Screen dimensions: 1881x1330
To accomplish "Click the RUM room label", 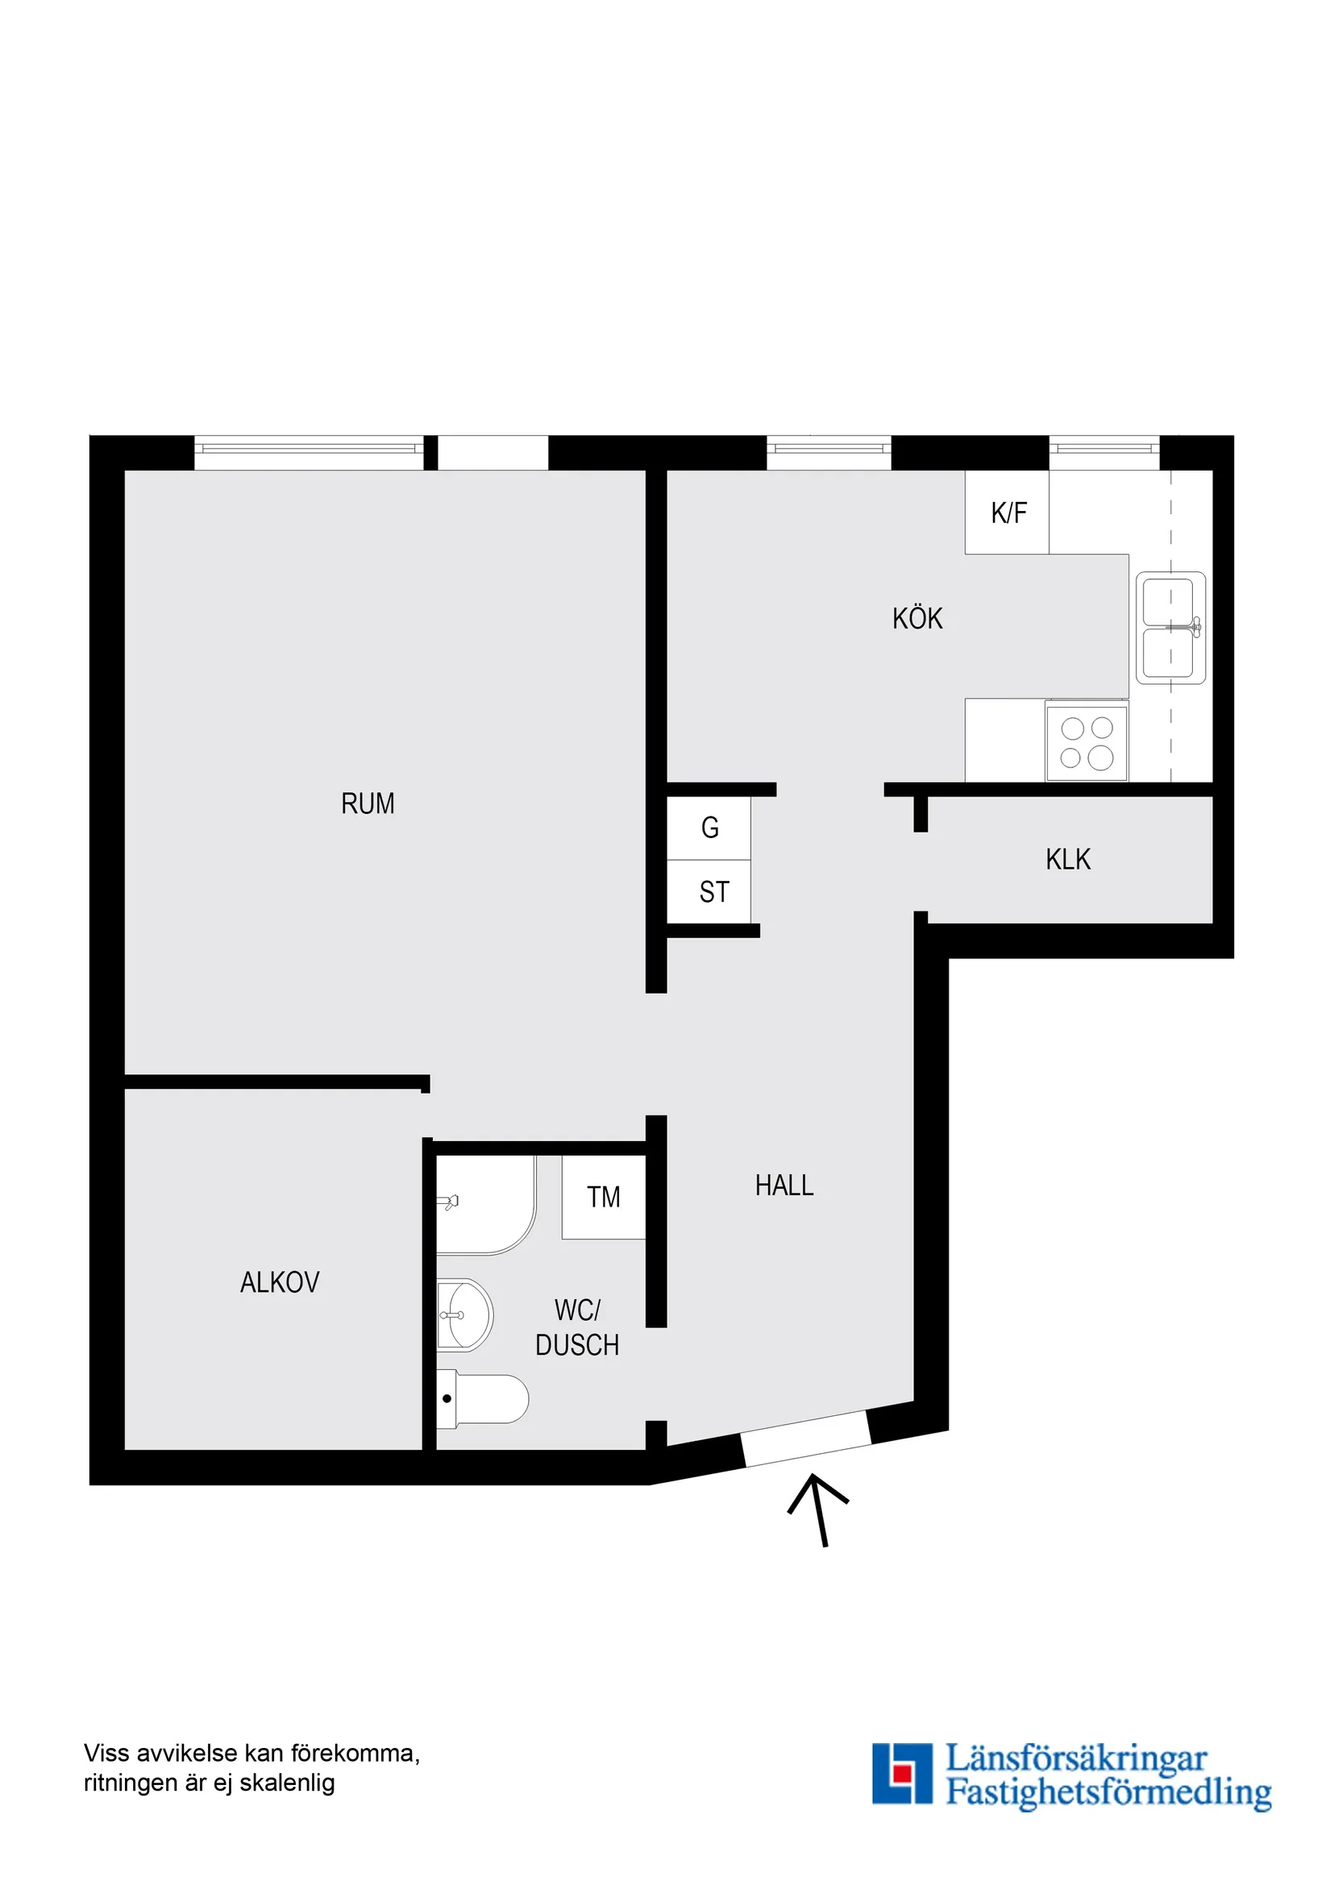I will click(x=367, y=803).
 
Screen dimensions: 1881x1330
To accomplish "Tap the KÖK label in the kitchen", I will click(x=917, y=618).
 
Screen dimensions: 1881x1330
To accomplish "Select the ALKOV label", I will click(x=280, y=1282).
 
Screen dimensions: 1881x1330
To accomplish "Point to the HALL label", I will click(x=783, y=1185).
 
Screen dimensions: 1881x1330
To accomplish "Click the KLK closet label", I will click(x=1068, y=859).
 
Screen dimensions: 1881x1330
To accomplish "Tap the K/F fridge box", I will click(x=1007, y=513).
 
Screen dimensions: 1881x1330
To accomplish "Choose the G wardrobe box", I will click(x=709, y=828).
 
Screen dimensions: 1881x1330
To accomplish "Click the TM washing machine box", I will click(x=603, y=1197).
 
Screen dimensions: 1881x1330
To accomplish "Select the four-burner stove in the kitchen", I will click(x=1087, y=742).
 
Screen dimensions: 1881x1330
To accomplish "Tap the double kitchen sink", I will click(x=1170, y=628).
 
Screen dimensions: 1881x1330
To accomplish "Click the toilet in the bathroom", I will click(x=484, y=1398).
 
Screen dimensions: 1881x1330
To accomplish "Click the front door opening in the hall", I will click(x=806, y=1439).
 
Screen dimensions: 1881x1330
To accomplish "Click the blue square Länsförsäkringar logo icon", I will click(x=901, y=1774).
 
